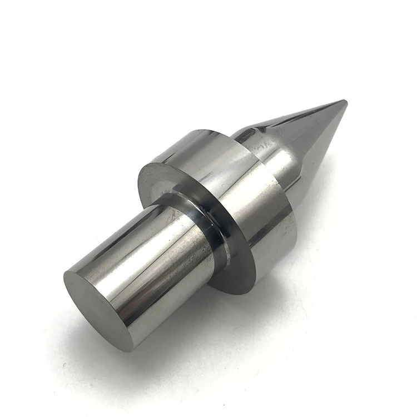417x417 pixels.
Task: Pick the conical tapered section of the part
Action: [x=300, y=139]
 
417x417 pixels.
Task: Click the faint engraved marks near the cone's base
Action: [x=261, y=146]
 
